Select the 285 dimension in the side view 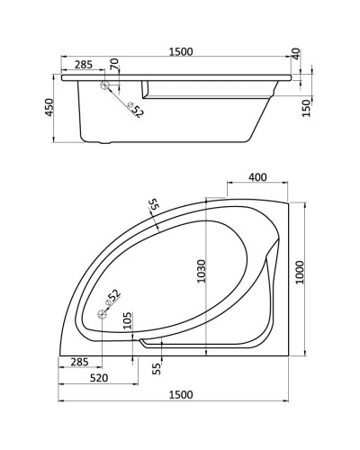(x=82, y=65)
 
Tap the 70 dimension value (x=114, y=65)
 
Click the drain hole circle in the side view (x=106, y=86)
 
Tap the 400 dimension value (x=256, y=177)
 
